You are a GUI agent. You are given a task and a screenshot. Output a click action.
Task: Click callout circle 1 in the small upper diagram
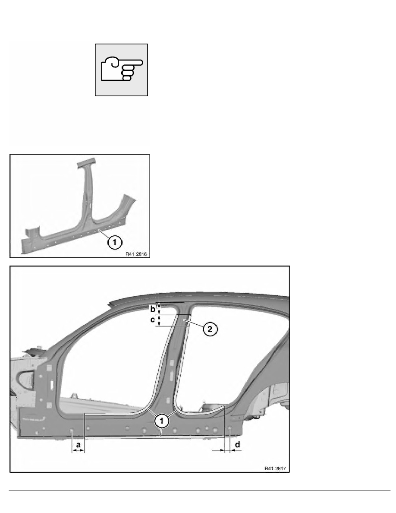[114, 242]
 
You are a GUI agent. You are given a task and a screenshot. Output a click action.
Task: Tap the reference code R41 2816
[136, 254]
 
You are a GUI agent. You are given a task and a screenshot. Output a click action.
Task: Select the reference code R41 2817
[275, 469]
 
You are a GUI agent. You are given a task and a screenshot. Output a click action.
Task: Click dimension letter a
[79, 445]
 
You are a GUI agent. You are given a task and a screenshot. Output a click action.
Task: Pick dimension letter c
[153, 320]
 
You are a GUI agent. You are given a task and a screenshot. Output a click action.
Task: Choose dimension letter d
[238, 445]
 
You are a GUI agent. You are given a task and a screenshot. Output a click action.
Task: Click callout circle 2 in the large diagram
[210, 329]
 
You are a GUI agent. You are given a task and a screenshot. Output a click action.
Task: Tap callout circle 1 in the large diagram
[162, 421]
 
